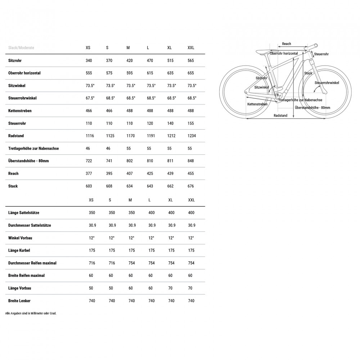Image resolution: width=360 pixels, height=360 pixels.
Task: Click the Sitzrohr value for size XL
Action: pyautogui.click(x=170, y=60)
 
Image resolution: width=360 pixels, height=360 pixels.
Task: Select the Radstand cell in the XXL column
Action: pyautogui.click(x=191, y=136)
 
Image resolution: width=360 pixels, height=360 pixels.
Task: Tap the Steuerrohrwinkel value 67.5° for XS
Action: pyautogui.click(x=90, y=98)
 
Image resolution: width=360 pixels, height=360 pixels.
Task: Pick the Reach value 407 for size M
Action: pyautogui.click(x=130, y=174)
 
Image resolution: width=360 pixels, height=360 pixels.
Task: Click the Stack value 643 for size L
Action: pyautogui.click(x=150, y=186)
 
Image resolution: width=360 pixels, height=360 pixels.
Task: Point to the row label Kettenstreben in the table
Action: pyautogui.click(x=20, y=111)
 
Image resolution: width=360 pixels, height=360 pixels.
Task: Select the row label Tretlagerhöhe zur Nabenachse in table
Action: pyautogui.click(x=33, y=148)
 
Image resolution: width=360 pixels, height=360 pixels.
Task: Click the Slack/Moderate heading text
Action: pyautogui.click(x=21, y=48)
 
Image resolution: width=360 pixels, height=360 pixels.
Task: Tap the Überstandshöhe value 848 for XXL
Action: pyautogui.click(x=191, y=161)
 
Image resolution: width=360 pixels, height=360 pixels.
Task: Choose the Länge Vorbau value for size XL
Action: pyautogui.click(x=171, y=288)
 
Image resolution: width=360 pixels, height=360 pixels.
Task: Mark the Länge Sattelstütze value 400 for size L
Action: pyautogui.click(x=152, y=213)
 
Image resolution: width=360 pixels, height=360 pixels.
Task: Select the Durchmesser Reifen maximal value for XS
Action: pyautogui.click(x=92, y=263)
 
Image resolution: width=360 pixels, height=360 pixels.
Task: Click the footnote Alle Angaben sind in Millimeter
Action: pyautogui.click(x=31, y=313)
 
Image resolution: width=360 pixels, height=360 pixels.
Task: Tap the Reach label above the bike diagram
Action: pyautogui.click(x=287, y=44)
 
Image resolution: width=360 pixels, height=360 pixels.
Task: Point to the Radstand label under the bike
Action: pyautogui.click(x=280, y=116)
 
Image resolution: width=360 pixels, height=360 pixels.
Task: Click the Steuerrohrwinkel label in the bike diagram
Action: pyautogui.click(x=327, y=83)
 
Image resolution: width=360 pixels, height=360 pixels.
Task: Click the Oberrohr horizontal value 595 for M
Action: pyautogui.click(x=130, y=73)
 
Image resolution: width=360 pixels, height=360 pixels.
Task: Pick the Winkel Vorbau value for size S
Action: pyautogui.click(x=112, y=238)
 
